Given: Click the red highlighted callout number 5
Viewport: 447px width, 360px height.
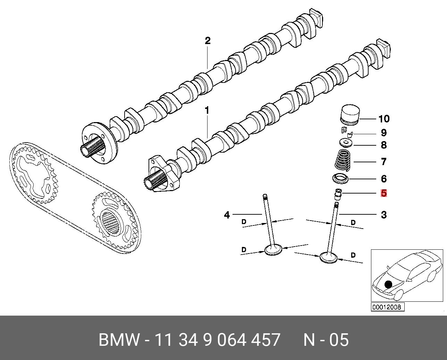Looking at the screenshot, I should point(383,193).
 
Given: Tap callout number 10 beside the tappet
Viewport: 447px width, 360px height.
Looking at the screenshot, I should point(383,119).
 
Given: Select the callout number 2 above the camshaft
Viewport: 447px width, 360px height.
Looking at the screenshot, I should point(208,41).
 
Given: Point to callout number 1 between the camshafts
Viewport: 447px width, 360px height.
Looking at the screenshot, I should point(207,111).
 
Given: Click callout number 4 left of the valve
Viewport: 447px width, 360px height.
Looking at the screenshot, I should point(227,215).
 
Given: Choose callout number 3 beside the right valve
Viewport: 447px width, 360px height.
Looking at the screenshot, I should point(383,215).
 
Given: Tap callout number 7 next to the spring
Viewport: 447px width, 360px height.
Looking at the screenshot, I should point(383,162).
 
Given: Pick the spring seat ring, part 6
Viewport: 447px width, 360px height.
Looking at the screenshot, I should point(340,179).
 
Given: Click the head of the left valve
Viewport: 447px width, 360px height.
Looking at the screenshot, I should point(273,249).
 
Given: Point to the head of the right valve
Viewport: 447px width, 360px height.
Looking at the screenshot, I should point(328,257).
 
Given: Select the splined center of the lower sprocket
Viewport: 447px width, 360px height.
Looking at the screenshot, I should point(112,222).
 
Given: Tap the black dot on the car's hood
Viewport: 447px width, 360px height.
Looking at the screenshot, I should point(388,284).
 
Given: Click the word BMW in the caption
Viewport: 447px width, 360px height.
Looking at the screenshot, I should point(119,340).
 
